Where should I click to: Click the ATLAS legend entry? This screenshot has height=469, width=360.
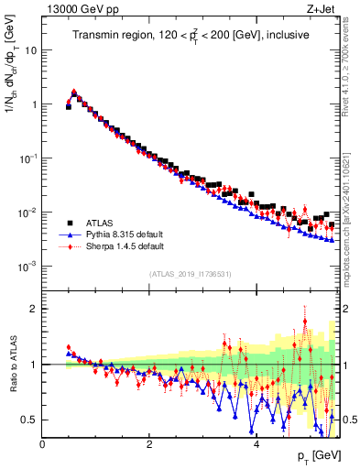tap(99, 223)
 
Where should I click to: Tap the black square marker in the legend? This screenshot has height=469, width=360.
tap(69, 223)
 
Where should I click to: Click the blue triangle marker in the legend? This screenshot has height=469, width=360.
tap(69, 234)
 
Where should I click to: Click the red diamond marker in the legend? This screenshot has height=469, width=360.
tap(69, 246)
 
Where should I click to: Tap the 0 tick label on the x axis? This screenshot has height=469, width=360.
tap(43, 444)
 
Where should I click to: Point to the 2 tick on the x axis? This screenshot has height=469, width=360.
tap(149, 444)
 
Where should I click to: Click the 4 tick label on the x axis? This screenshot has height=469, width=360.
tap(256, 444)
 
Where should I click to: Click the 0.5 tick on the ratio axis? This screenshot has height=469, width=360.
tap(27, 420)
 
